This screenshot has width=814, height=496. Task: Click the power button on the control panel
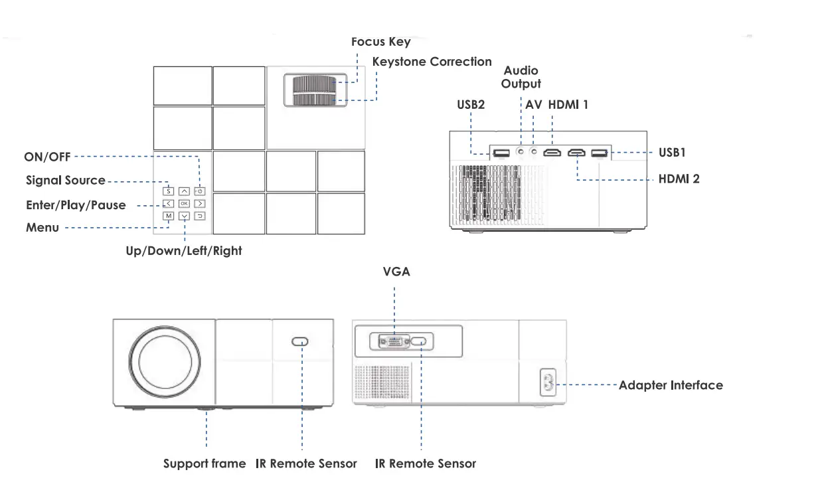[x=199, y=191]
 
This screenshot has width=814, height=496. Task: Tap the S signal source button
[x=169, y=191]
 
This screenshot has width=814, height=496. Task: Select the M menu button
[x=169, y=216]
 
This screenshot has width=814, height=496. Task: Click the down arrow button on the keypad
[x=184, y=216]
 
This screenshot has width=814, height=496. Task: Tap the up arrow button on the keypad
[x=184, y=191]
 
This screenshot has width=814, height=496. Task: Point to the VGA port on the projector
[x=394, y=342]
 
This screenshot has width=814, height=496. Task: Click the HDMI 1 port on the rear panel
[x=552, y=153]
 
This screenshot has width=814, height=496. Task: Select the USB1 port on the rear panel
[x=600, y=153]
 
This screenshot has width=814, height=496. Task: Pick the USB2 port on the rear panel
[x=501, y=153]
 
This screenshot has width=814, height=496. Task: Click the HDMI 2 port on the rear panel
[x=576, y=153]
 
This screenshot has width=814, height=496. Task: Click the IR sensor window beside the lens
[x=299, y=342]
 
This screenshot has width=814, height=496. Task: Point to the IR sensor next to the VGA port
[x=420, y=342]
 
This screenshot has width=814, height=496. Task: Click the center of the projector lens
[x=164, y=363]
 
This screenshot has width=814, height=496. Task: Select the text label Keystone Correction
[x=432, y=62]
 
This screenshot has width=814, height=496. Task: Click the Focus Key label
[x=380, y=42]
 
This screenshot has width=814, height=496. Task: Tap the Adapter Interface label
[x=671, y=385]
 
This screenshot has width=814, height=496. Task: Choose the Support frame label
[x=204, y=463]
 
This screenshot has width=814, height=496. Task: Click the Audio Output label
[x=521, y=77]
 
